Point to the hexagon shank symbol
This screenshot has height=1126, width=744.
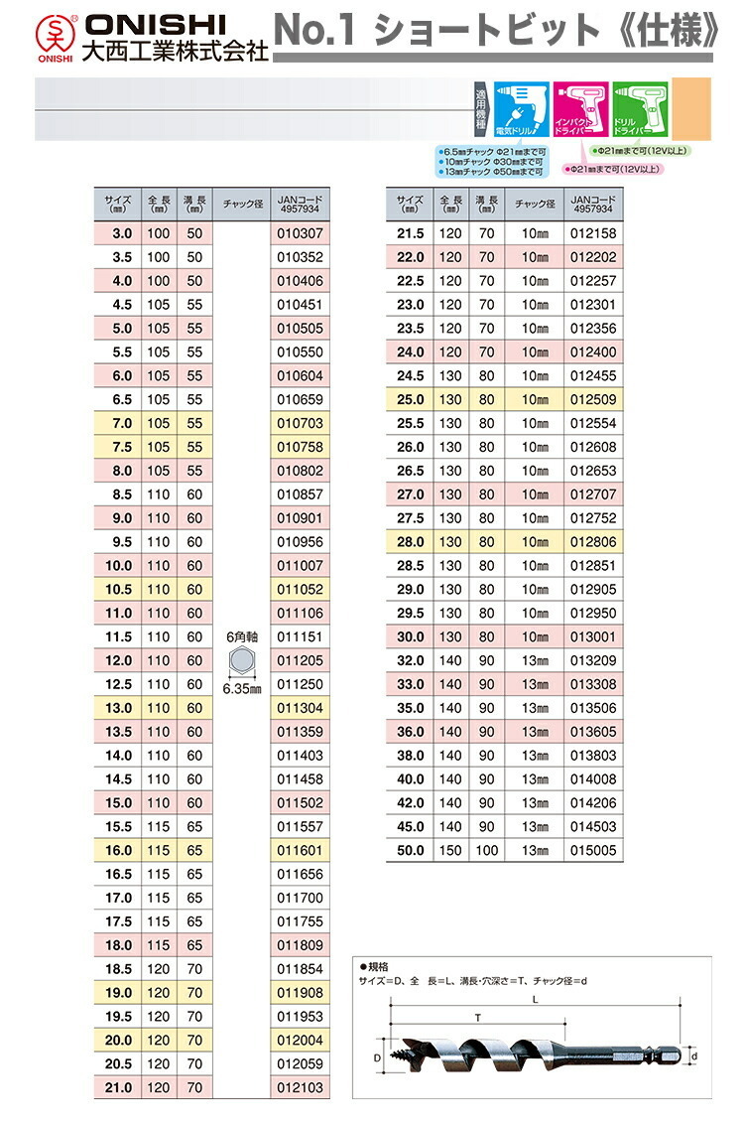[242, 660]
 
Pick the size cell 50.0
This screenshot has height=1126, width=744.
[410, 850]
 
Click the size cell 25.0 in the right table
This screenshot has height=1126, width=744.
[410, 399]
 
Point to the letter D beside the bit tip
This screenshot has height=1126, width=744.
[377, 1059]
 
